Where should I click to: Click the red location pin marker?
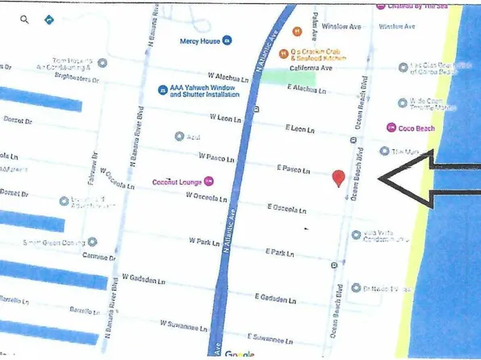339,178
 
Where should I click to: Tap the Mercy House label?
199,40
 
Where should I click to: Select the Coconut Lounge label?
177,182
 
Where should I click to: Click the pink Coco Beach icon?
391,127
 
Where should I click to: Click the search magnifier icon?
24,18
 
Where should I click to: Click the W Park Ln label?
205,241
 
